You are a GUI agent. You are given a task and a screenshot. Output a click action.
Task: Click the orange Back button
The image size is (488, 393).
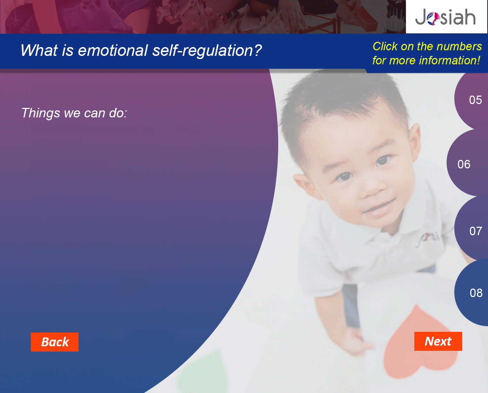tap(55, 342)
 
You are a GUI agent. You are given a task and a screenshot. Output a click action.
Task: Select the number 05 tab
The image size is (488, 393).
tap(472, 100)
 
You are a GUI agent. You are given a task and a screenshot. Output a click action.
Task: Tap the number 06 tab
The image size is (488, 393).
tap(467, 164)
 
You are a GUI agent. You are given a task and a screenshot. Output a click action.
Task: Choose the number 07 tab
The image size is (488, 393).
tap(472, 230)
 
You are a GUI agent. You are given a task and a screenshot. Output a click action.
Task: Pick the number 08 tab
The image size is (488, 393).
tap(472, 293)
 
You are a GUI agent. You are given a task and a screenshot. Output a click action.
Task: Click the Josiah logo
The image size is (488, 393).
tap(445, 17)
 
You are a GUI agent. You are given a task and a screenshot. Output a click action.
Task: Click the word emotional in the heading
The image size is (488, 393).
tap(113, 50)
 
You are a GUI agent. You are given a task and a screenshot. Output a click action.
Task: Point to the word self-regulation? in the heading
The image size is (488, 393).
tap(207, 51)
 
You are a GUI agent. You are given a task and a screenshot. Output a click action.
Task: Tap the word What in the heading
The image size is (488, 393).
tap(39, 50)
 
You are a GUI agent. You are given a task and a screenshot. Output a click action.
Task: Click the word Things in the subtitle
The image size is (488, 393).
tap(41, 113)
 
